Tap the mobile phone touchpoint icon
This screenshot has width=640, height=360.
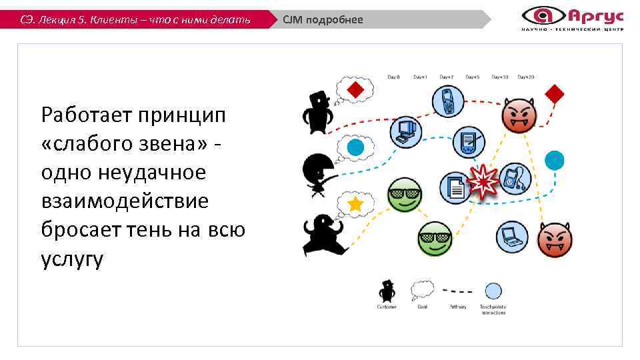(x=448, y=101)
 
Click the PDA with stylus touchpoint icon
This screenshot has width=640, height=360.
(x=470, y=141)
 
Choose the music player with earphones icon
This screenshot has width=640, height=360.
(x=514, y=178)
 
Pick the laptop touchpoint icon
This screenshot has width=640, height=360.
(x=512, y=235)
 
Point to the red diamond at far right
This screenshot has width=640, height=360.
(x=555, y=93)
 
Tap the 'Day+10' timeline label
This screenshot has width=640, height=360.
(x=499, y=77)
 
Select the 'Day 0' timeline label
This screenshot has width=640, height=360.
(x=394, y=77)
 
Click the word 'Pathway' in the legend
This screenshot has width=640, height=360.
(x=457, y=307)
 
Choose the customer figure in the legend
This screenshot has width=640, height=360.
(x=387, y=291)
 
